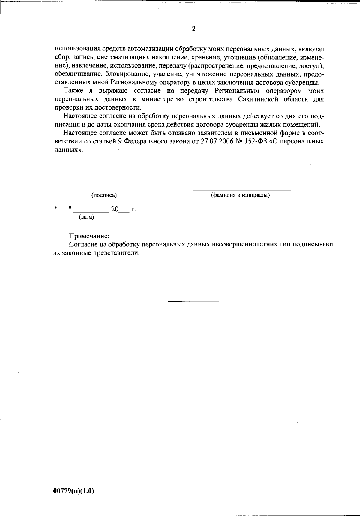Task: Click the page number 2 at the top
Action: tap(193, 29)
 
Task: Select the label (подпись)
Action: tap(104, 195)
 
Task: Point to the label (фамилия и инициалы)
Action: tap(240, 195)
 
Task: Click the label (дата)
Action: tap(86, 217)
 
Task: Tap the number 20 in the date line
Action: tap(115, 209)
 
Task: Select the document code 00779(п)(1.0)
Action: tap(74, 491)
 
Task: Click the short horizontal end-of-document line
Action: tap(193, 301)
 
